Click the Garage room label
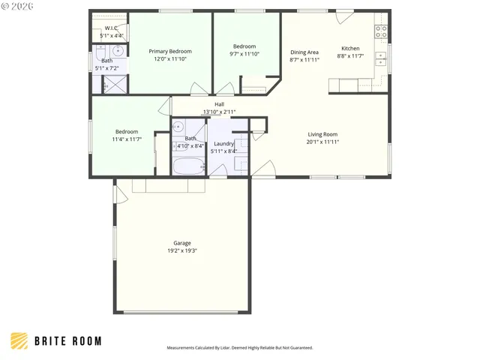click(182, 243)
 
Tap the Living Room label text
click(322, 134)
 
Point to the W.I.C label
click(111, 28)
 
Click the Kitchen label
click(350, 49)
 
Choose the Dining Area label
click(304, 52)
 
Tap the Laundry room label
click(224, 144)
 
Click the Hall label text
click(219, 105)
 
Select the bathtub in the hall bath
click(189, 166)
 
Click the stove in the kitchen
click(381, 31)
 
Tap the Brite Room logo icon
click(20, 341)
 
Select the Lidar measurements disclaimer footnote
click(239, 348)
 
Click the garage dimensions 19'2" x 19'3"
click(182, 250)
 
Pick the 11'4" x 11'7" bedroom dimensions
click(126, 139)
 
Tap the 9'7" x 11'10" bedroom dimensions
click(244, 54)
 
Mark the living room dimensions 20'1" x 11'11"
click(322, 142)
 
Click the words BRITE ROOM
click(67, 341)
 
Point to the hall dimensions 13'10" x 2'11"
click(219, 112)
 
